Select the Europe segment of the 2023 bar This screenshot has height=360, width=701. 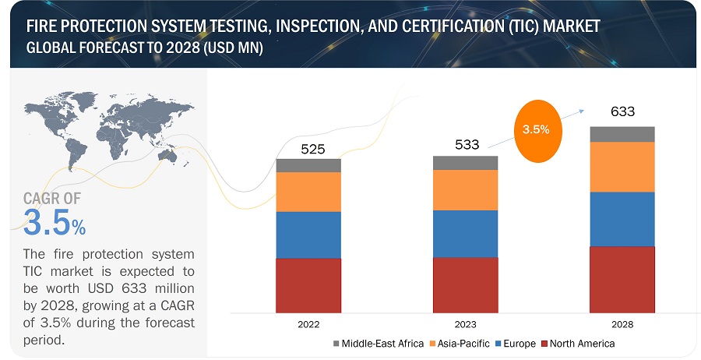pos(466,233)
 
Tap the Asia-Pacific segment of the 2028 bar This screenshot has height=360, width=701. pos(622,167)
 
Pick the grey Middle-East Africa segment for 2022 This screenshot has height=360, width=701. pos(308,165)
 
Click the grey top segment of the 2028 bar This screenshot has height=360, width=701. pos(622,134)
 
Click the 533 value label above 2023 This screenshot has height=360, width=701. pos(467,144)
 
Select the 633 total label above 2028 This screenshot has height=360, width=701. pos(623,112)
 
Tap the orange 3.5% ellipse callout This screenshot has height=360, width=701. pos(536,130)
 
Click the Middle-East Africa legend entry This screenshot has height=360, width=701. pos(379,344)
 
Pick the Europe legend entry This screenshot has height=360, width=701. pos(520,344)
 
